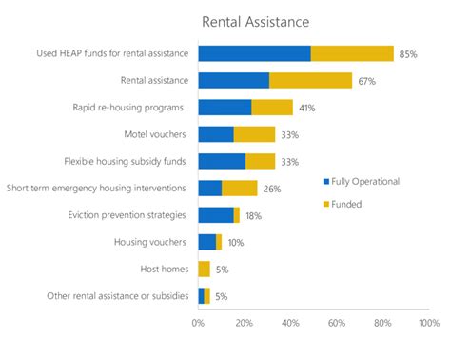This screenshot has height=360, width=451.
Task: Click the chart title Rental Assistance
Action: click(x=255, y=21)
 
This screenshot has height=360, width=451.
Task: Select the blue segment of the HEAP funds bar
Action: click(x=254, y=53)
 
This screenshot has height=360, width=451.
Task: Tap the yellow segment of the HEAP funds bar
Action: click(x=352, y=53)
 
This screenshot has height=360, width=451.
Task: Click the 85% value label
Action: click(x=408, y=54)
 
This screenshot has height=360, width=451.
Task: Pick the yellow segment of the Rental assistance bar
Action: click(x=310, y=81)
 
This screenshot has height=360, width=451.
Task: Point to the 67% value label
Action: click(x=366, y=81)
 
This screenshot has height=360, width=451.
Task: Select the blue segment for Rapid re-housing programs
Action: click(x=225, y=108)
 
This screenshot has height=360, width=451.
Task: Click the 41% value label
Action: click(x=306, y=108)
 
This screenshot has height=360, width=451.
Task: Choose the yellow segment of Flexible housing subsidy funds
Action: click(x=260, y=162)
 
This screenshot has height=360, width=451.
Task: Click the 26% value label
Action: click(x=272, y=189)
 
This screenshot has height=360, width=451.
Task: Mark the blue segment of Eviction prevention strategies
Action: click(x=215, y=215)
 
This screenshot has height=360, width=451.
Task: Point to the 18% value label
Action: click(x=253, y=216)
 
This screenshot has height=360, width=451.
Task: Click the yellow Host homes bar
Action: click(x=204, y=270)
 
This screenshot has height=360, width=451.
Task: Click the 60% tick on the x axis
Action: click(x=337, y=323)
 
